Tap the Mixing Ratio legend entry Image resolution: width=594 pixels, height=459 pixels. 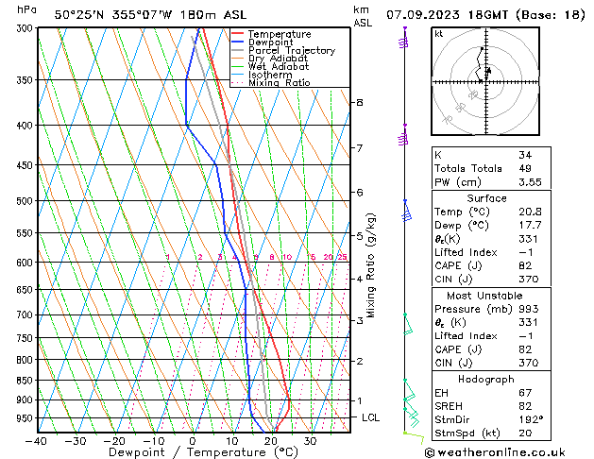pyautogui.click(x=280, y=83)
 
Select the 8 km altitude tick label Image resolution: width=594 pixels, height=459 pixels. pyautogui.click(x=359, y=102)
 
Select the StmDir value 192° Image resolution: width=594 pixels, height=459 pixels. pyautogui.click(x=530, y=419)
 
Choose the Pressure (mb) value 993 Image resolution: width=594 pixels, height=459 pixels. pyautogui.click(x=527, y=310)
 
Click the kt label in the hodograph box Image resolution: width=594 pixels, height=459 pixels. pyautogui.click(x=439, y=33)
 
